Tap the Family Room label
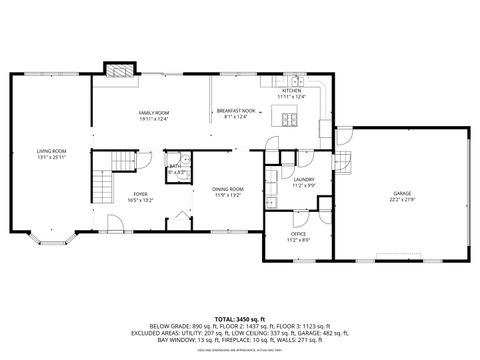[x=153, y=113]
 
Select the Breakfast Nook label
[x=236, y=111]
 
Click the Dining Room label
[x=227, y=189]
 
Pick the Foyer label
[x=140, y=195]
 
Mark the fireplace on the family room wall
[x=119, y=71]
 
